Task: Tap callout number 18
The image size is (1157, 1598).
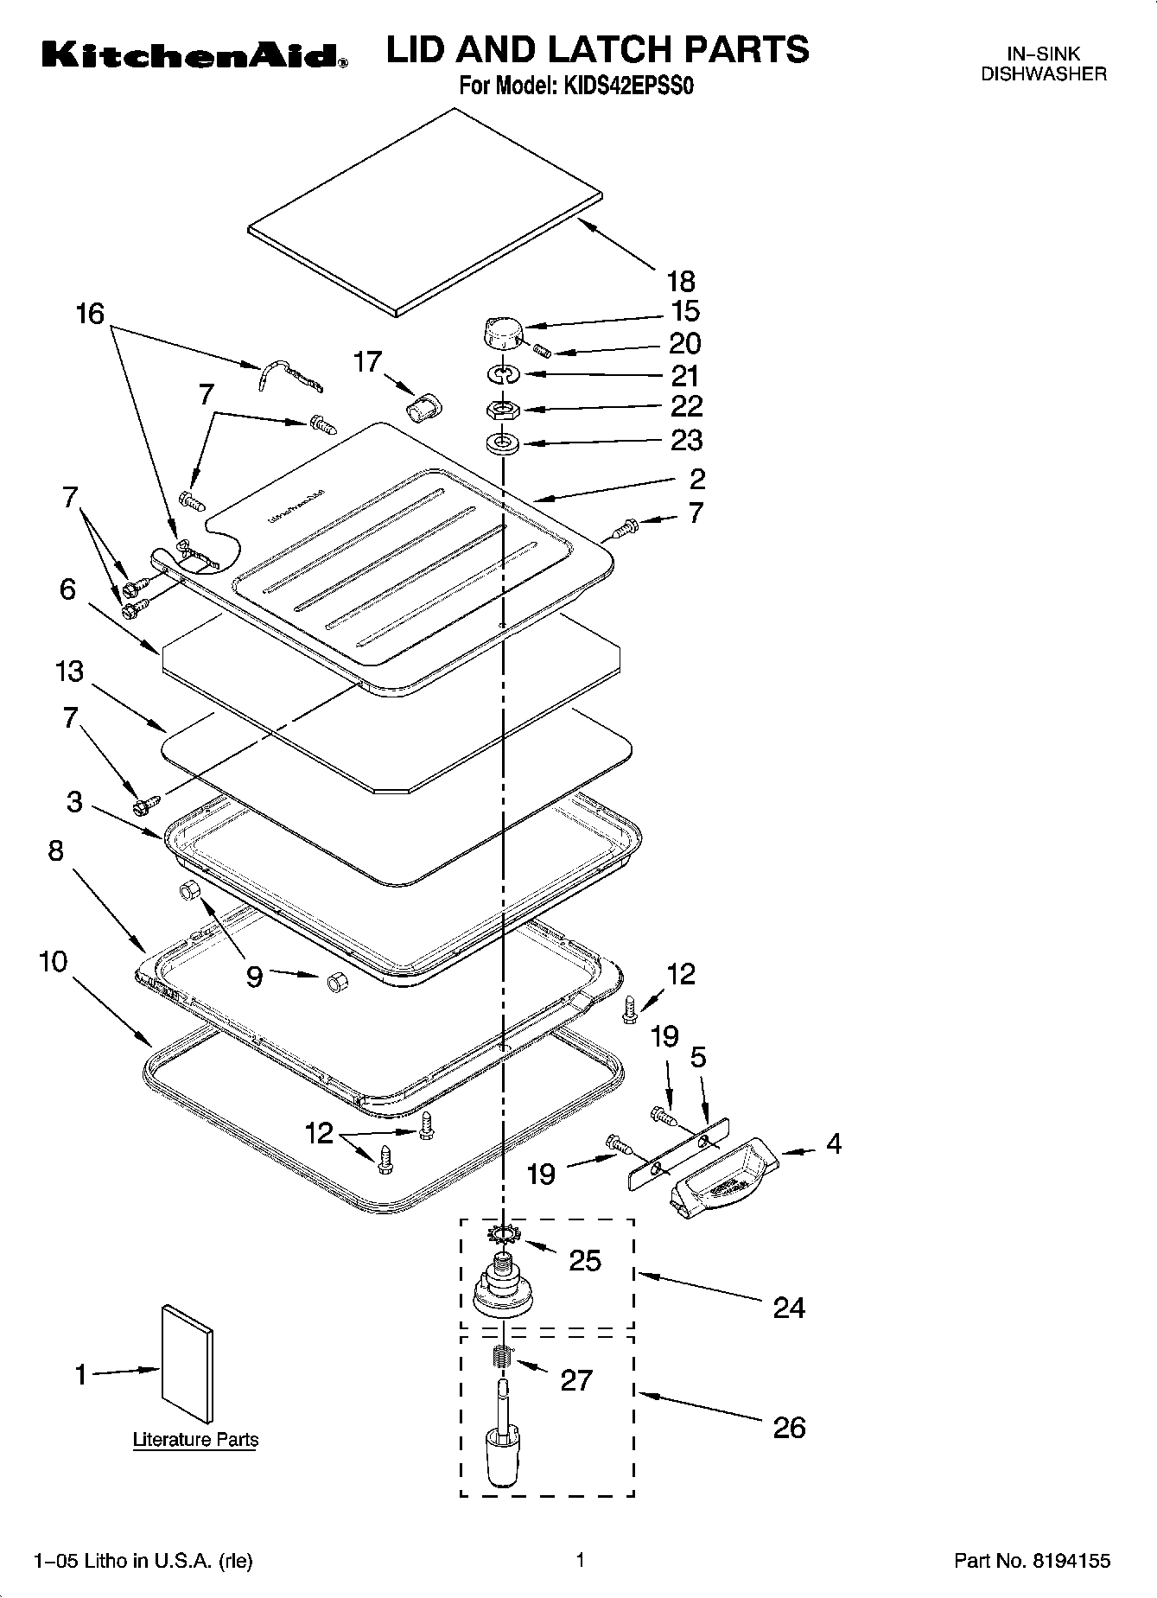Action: point(681,280)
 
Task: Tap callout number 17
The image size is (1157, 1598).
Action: point(367,361)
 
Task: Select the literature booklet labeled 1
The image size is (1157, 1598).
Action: point(187,1364)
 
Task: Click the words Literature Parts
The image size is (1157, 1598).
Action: point(195,1440)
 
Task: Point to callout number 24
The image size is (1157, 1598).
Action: point(788,1308)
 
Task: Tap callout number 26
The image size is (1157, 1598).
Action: point(788,1427)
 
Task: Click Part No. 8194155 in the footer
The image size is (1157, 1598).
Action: point(1032,1561)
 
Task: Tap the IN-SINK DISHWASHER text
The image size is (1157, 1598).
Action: point(1043,65)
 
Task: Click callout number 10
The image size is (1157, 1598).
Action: point(53,961)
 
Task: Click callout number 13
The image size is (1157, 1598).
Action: point(70,671)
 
